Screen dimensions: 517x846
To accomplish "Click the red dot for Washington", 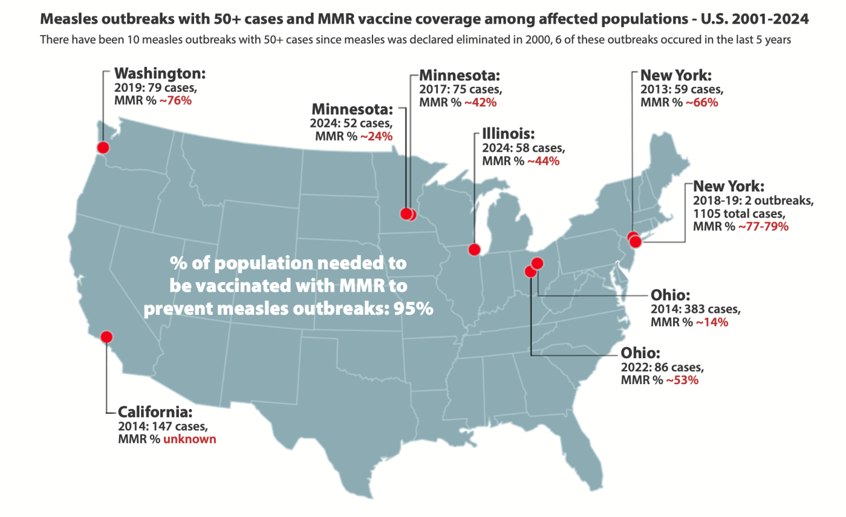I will (103, 147).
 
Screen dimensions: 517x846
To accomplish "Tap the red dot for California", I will (106, 337).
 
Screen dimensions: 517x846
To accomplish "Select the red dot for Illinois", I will (475, 249).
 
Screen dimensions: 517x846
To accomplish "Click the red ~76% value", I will (175, 101).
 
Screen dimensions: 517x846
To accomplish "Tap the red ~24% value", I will (376, 136).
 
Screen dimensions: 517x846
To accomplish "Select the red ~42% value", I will (480, 102).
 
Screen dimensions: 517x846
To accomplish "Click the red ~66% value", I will (701, 102).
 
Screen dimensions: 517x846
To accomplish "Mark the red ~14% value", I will (712, 322).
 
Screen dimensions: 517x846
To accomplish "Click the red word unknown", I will (189, 439).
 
